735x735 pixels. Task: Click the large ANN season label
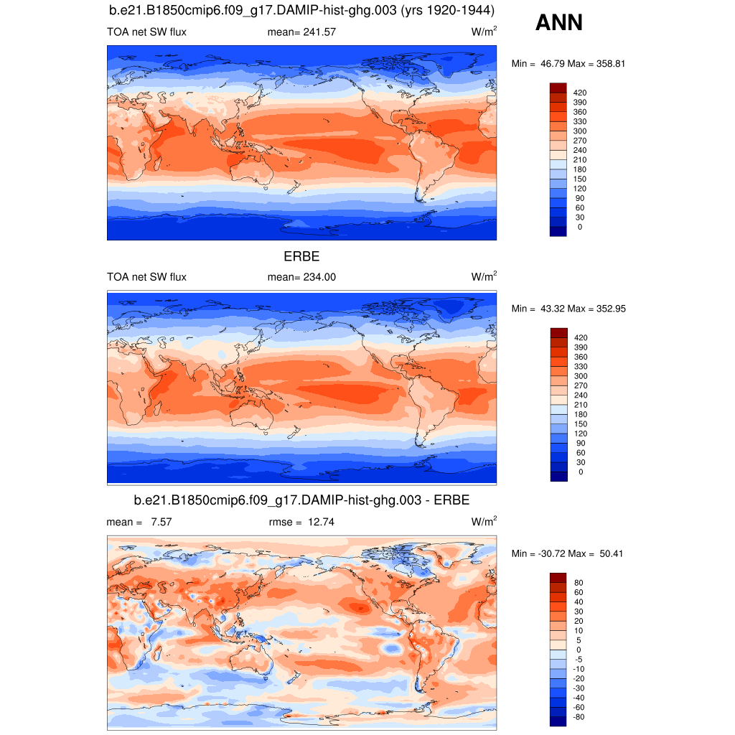click(559, 23)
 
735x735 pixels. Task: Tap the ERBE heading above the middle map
click(301, 256)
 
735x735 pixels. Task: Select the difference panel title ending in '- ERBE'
click(301, 500)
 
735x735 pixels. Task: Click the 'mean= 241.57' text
click(301, 32)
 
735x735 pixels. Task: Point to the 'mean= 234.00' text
click(301, 277)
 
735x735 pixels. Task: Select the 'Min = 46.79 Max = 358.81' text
click(568, 64)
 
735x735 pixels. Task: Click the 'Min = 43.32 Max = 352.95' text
click(568, 309)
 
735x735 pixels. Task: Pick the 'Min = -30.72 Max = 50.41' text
click(568, 553)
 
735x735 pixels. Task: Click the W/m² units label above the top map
click(484, 32)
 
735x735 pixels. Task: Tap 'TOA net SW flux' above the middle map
click(146, 277)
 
